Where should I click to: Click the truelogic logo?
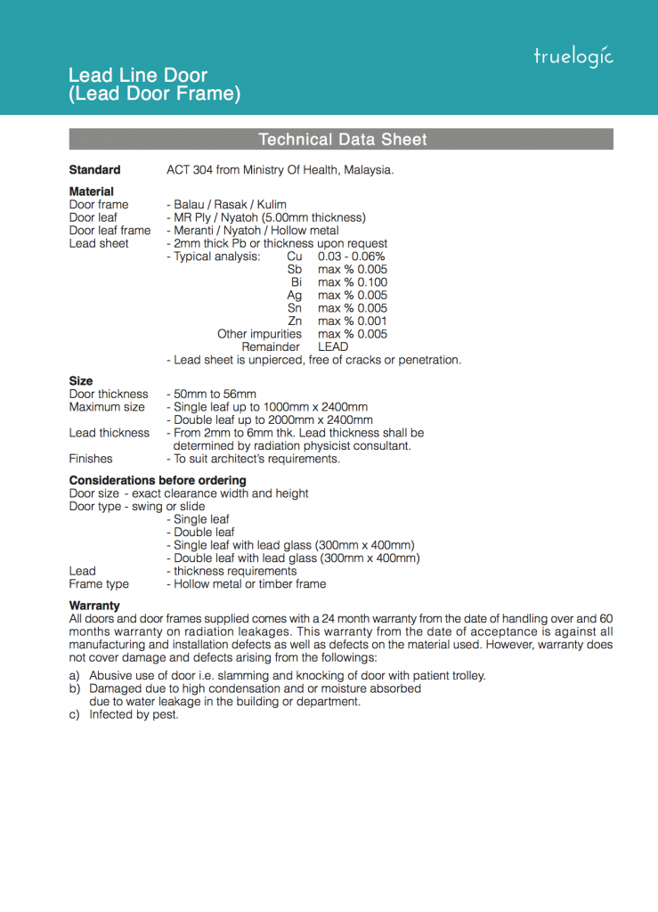(573, 56)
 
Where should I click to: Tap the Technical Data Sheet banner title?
(342, 140)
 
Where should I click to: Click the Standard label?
(94, 170)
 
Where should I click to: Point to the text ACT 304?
(190, 170)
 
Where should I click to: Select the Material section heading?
(92, 191)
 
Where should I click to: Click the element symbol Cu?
(295, 256)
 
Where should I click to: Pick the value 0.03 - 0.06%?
(351, 256)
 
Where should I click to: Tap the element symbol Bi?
(297, 282)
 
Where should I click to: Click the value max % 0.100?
(353, 282)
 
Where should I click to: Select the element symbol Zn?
(295, 321)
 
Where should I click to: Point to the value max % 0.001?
(353, 321)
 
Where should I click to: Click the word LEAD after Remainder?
(333, 346)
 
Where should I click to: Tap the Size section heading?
(81, 380)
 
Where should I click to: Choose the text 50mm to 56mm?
(215, 394)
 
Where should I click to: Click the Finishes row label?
(91, 459)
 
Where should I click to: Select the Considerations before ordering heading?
(158, 480)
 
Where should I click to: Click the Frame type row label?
(99, 584)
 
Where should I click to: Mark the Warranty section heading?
(94, 606)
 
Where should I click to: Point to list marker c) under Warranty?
(75, 714)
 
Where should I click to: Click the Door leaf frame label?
(110, 231)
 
